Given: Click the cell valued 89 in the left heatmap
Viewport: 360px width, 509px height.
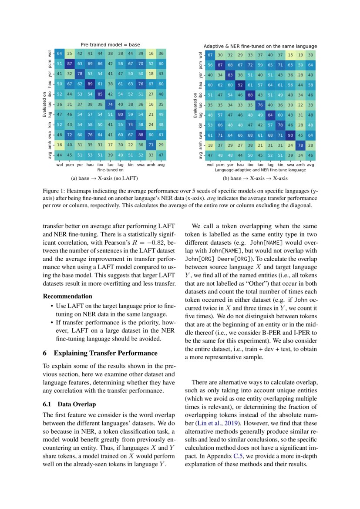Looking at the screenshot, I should click(x=90, y=84).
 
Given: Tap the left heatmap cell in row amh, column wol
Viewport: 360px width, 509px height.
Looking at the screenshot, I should click(x=60, y=145).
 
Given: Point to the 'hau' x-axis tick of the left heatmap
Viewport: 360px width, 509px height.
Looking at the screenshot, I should click(x=90, y=165).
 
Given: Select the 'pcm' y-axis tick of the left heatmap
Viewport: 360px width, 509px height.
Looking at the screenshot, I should click(x=51, y=64).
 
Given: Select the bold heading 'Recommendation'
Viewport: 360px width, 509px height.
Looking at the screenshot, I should click(x=67, y=296).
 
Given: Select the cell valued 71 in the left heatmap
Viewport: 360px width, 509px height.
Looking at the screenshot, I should click(x=150, y=145).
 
